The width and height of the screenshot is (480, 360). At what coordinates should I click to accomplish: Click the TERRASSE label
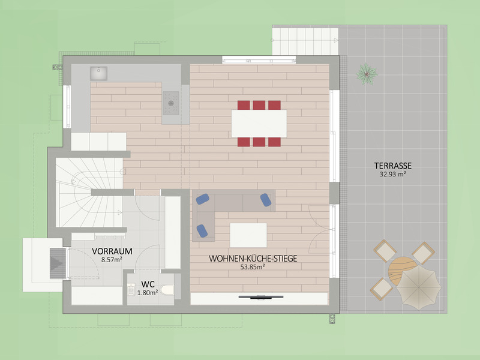(393, 166)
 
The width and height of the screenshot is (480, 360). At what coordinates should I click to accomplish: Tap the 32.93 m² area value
(393, 174)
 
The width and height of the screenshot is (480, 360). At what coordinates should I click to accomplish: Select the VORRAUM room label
(112, 251)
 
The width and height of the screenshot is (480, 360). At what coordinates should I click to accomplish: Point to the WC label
(148, 284)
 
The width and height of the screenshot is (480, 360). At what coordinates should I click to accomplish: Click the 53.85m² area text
(253, 267)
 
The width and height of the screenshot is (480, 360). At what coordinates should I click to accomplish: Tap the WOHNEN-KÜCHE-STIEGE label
(253, 259)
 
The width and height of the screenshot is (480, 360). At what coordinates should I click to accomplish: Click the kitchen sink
(98, 73)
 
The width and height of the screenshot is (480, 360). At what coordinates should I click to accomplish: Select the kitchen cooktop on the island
(171, 103)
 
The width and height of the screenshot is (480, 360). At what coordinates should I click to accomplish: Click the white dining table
(259, 124)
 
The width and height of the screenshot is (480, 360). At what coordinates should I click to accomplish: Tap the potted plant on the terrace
(367, 74)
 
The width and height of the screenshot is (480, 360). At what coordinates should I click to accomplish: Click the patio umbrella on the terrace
(419, 287)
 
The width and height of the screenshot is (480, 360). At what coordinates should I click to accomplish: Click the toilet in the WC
(167, 290)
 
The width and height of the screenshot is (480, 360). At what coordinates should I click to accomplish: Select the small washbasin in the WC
(131, 290)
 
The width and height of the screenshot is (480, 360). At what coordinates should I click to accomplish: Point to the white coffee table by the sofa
(248, 235)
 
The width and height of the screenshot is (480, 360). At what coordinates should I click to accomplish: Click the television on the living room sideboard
(261, 296)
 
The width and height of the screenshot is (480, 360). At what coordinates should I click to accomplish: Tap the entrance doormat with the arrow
(58, 263)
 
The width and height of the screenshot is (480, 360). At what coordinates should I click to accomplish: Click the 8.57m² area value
(112, 260)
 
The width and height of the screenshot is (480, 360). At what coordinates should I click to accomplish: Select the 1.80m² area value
(148, 293)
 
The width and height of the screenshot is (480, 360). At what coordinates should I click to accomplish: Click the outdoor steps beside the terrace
(305, 41)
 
